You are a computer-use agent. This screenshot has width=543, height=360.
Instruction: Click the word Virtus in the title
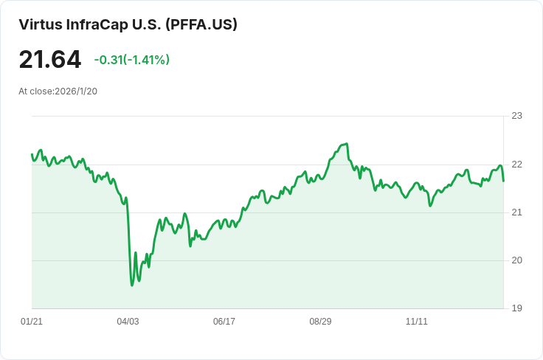pyautogui.click(x=41, y=24)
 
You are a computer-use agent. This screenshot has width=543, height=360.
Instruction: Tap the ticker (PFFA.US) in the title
pyautogui.click(x=201, y=24)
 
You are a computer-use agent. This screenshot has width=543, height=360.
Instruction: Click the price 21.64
pyautogui.click(x=49, y=60)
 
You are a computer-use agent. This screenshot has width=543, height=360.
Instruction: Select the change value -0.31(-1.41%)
pyautogui.click(x=132, y=60)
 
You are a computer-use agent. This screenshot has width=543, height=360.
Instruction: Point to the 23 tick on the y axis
pyautogui.click(x=516, y=116)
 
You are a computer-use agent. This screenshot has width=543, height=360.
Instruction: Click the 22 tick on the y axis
pyautogui.click(x=516, y=165)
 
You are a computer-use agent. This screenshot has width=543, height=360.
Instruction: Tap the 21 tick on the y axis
pyautogui.click(x=516, y=212)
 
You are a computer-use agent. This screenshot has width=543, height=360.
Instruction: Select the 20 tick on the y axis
pyautogui.click(x=516, y=260)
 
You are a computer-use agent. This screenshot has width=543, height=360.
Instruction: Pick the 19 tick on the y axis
pyautogui.click(x=516, y=308)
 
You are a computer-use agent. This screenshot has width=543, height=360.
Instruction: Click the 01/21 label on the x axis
pyautogui.click(x=32, y=322)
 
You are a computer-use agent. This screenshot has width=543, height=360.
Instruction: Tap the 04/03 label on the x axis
pyautogui.click(x=128, y=322)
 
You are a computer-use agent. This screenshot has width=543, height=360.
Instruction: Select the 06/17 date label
pyautogui.click(x=224, y=322)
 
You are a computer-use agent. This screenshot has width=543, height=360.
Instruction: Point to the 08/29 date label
pyautogui.click(x=320, y=322)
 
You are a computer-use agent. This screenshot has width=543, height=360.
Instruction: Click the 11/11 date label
pyautogui.click(x=417, y=322)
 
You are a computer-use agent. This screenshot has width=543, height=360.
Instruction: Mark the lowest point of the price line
pyautogui.click(x=132, y=285)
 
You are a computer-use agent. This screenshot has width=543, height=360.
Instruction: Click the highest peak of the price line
pyautogui.click(x=347, y=143)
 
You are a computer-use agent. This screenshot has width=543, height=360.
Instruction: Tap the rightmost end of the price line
pyautogui.click(x=503, y=181)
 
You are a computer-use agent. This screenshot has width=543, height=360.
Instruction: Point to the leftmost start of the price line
pyautogui.click(x=32, y=154)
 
